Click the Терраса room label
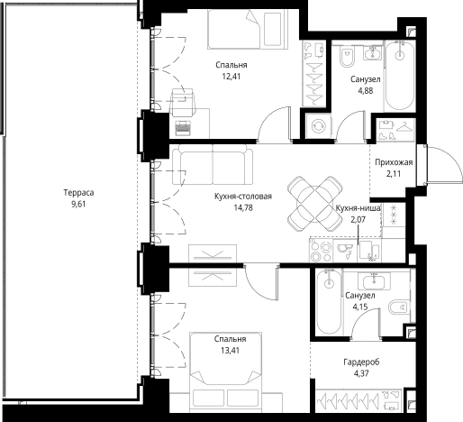(78, 192)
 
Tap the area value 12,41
(231, 77)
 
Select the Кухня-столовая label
(243, 197)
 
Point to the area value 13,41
(230, 351)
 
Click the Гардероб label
(361, 362)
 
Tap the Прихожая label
(394, 162)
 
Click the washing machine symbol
(318, 126)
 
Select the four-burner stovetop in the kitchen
(321, 252)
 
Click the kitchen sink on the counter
(345, 251)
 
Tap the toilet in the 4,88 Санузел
(347, 57)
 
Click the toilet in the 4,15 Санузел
(399, 307)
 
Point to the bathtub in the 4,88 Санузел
(400, 75)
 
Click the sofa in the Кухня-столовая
(213, 164)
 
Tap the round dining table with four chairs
(314, 204)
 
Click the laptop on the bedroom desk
(184, 128)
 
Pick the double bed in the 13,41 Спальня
(226, 372)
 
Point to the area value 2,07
(359, 220)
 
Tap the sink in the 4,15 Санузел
(374, 281)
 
